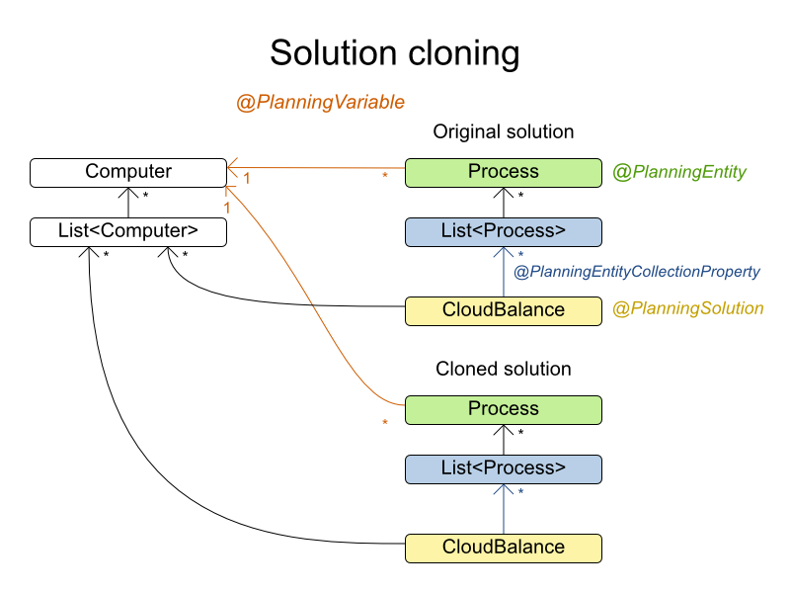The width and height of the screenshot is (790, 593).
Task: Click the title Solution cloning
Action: (x=394, y=52)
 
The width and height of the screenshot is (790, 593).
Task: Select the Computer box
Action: (x=128, y=172)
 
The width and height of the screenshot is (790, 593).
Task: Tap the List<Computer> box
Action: (x=128, y=231)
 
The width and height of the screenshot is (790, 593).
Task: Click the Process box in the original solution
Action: (x=504, y=172)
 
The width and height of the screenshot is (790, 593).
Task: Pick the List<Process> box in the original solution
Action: (x=504, y=231)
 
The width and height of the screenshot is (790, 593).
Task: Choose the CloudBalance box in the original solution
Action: (x=504, y=310)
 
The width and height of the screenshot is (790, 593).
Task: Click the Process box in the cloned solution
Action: (x=504, y=409)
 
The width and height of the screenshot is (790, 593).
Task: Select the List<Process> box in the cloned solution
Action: (x=504, y=468)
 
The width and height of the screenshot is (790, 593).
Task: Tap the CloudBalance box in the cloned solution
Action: (x=504, y=548)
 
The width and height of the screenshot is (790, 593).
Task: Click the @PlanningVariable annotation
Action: (x=320, y=102)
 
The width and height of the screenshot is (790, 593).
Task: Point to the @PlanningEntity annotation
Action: (x=679, y=172)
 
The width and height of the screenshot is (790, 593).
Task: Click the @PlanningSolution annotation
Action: (x=688, y=308)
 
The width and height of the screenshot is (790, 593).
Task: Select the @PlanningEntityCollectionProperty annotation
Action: (x=637, y=271)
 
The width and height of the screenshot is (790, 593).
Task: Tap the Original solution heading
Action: (x=504, y=131)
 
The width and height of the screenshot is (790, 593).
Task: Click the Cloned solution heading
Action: (x=504, y=369)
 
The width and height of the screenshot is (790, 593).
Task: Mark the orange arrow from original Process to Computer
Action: (x=316, y=169)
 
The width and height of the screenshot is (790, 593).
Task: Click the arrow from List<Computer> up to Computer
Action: (x=128, y=202)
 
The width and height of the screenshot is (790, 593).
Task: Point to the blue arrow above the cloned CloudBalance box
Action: (x=504, y=508)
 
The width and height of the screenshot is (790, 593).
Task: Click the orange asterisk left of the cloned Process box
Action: (x=385, y=424)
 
